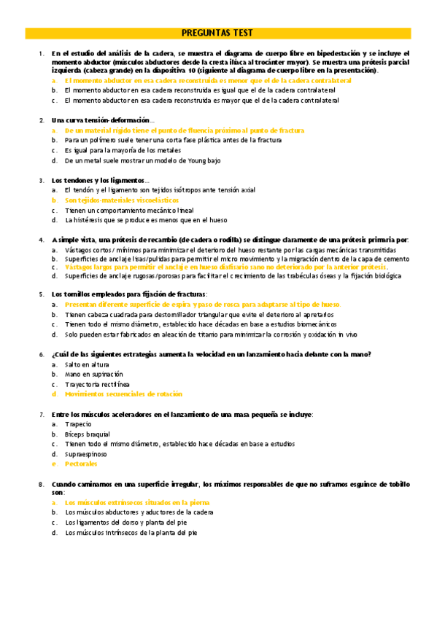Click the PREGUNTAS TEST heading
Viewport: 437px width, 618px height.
tap(217, 33)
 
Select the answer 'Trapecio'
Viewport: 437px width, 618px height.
tap(78, 423)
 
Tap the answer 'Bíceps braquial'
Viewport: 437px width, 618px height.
tap(87, 434)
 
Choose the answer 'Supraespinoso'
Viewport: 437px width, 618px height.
tap(85, 453)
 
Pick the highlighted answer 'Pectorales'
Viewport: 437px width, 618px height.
tap(81, 463)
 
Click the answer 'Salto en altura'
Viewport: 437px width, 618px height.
tap(87, 364)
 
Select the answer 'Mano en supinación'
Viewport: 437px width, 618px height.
tap(93, 374)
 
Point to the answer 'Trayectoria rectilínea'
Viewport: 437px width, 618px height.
tap(97, 384)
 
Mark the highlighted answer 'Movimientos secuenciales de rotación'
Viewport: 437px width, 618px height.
tap(123, 394)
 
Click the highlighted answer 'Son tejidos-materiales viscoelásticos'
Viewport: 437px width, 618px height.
tap(121, 200)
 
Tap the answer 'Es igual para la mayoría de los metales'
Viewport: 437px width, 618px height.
tap(126, 149)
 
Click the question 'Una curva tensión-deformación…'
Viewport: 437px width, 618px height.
tap(103, 120)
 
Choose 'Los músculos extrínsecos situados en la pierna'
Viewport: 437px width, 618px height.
tap(136, 503)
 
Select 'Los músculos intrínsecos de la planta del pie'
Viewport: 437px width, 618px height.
tap(131, 533)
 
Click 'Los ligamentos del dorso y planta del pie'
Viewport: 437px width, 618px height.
tap(125, 523)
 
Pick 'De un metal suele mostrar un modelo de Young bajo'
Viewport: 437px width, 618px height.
tap(143, 160)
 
